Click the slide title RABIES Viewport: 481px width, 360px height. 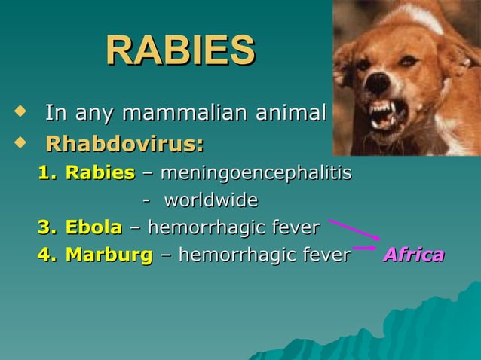pos(180,51)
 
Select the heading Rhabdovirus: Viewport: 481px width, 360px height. pos(124,143)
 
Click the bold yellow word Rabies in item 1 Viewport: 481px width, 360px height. pos(100,172)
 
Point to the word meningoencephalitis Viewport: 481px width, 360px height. pos(256,172)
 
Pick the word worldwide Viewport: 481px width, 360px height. pos(210,200)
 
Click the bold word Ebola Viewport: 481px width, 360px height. pos(93,227)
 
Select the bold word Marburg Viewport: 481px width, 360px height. pos(109,255)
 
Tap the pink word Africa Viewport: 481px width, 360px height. pos(413,255)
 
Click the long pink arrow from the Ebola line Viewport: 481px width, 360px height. pos(354,229)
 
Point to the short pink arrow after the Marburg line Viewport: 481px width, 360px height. pos(365,247)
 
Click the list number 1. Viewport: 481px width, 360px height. pos(47,172)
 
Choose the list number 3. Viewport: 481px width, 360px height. pos(47,227)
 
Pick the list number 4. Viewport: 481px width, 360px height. pos(47,255)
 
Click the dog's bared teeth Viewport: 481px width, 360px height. pos(384,113)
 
